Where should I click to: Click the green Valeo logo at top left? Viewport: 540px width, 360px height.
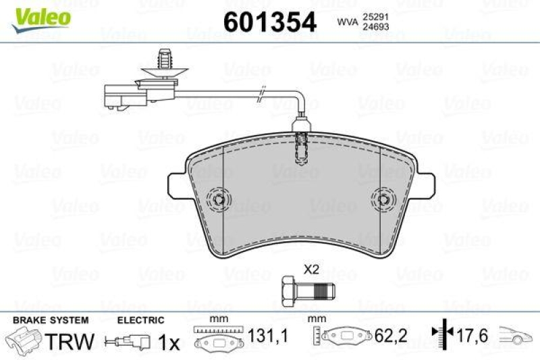point(40,16)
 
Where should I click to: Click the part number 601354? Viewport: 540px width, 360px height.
point(269,23)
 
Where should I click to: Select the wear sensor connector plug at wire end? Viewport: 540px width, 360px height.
point(121,95)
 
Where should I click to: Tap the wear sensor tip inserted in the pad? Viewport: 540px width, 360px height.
point(302,147)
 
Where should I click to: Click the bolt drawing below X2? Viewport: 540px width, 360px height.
point(308,290)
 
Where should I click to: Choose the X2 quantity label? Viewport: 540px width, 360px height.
point(310,269)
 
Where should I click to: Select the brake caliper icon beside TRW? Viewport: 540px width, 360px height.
point(24,339)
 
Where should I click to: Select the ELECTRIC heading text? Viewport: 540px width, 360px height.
point(141,320)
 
